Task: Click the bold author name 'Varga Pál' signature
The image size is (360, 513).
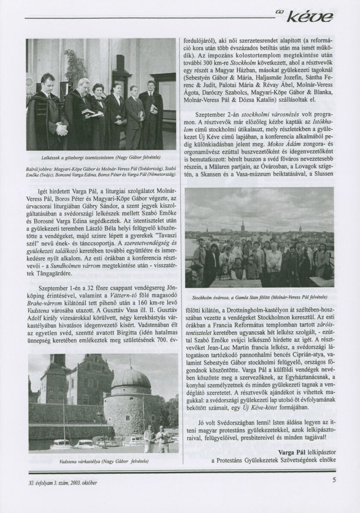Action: pyautogui.click(x=293, y=451)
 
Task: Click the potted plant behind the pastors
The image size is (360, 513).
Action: pyautogui.click(x=76, y=66)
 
